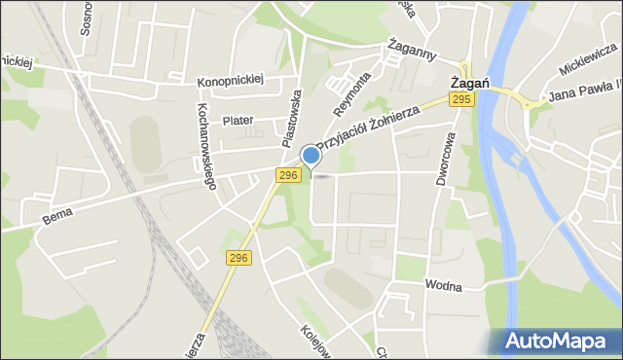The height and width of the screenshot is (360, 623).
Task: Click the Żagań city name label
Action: pyautogui.click(x=467, y=83)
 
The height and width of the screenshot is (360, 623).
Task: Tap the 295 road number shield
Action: pyautogui.click(x=462, y=99)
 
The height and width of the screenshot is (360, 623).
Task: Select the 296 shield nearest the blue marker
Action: pyautogui.click(x=287, y=175)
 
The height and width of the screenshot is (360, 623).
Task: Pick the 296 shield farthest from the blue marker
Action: pyautogui.click(x=239, y=258)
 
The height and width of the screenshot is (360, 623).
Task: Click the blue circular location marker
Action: pyautogui.click(x=311, y=156)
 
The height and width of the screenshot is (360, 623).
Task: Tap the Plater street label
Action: pyautogui.click(x=238, y=121)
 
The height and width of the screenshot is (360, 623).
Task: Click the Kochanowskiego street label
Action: pyautogui.click(x=206, y=144)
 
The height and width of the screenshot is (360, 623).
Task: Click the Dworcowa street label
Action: pyautogui.click(x=449, y=161)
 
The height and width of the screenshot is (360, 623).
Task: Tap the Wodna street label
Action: pyautogui.click(x=442, y=286)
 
